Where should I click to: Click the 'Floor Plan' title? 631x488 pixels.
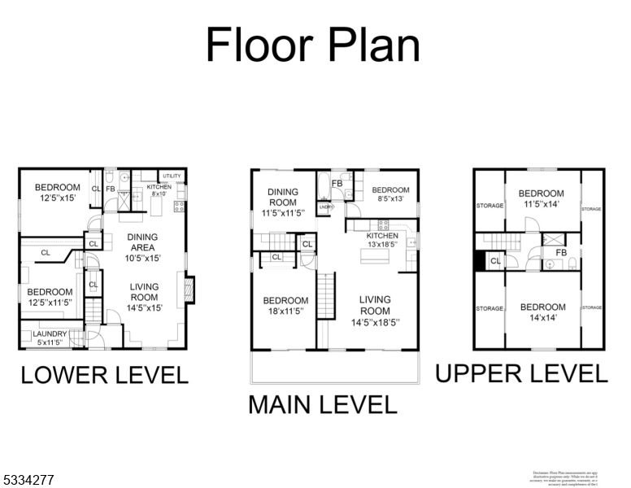[313, 45]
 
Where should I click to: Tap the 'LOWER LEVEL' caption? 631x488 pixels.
[104, 375]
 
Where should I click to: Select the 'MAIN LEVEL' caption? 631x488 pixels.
[322, 404]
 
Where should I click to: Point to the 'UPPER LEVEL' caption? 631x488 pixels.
[521, 373]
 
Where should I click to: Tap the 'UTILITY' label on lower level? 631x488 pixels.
[172, 176]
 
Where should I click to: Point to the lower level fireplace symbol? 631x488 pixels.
[189, 290]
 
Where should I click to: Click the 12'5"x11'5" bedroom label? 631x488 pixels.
[52, 298]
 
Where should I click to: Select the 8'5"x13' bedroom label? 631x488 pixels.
[386, 194]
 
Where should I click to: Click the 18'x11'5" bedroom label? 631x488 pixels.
[285, 305]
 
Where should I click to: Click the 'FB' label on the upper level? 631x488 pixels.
[560, 253]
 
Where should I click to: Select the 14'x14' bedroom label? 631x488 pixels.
[542, 312]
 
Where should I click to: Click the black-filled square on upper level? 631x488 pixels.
[479, 260]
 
